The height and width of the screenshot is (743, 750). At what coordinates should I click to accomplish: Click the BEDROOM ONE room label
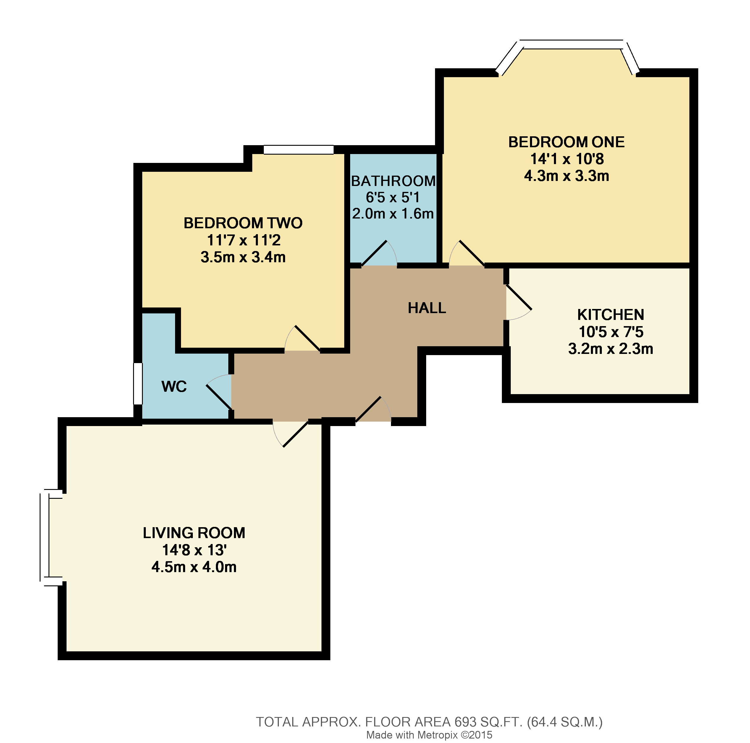[566, 142]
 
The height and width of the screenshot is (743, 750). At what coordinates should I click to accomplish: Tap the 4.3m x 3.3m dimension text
[566, 176]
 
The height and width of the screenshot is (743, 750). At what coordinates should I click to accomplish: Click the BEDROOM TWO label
[243, 223]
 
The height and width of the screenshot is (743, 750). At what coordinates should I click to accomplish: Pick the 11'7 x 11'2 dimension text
[243, 240]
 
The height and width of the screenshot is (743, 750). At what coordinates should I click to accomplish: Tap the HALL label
[427, 308]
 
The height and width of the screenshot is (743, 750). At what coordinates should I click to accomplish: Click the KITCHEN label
[610, 314]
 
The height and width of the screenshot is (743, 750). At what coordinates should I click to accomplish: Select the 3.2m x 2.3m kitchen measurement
[610, 349]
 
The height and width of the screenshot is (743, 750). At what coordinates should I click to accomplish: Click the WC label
[174, 386]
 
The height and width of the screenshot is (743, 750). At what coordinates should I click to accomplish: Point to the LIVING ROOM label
[194, 532]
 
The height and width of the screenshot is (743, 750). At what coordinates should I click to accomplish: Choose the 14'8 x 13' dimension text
[194, 550]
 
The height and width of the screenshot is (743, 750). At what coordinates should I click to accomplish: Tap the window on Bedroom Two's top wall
[298, 149]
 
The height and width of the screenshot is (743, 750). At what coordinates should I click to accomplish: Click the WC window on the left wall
[138, 383]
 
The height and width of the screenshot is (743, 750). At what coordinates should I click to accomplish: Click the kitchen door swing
[518, 303]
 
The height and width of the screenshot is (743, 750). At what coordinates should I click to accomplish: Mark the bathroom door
[379, 254]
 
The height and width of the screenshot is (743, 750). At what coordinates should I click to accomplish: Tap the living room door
[291, 434]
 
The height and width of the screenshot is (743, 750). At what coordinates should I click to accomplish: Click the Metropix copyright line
[429, 735]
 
